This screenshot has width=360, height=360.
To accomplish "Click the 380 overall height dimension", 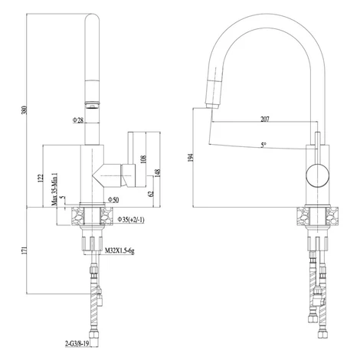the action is point(24,110).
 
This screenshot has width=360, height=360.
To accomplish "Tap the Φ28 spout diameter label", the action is point(78,119).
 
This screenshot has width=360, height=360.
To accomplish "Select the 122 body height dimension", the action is point(40,178).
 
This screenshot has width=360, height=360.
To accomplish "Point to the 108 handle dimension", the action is point(143,159).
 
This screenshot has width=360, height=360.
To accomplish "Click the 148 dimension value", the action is point(158,173).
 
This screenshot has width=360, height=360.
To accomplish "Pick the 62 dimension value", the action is point(151,194).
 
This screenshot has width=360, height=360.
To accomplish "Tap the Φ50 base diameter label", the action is point(113,200).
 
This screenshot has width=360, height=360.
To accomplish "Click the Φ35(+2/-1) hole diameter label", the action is point(131,219).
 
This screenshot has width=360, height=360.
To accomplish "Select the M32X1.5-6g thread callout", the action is point(119,251).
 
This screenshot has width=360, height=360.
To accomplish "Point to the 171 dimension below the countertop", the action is point(24,250).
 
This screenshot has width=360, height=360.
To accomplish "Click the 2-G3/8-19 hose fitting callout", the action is point(77,344).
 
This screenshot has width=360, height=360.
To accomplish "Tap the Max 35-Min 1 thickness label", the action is point(54,189).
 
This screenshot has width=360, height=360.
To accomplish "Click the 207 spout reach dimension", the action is point(265,119).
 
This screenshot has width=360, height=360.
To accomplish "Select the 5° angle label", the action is point(263,145).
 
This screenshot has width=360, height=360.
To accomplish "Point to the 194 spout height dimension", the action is point(190,157).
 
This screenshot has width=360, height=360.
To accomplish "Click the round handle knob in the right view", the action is point(317,175).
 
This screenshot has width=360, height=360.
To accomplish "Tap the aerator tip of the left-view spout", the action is point(92,105).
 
